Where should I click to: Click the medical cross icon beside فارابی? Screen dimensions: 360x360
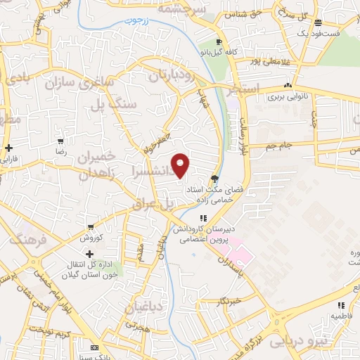coord(8,148)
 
